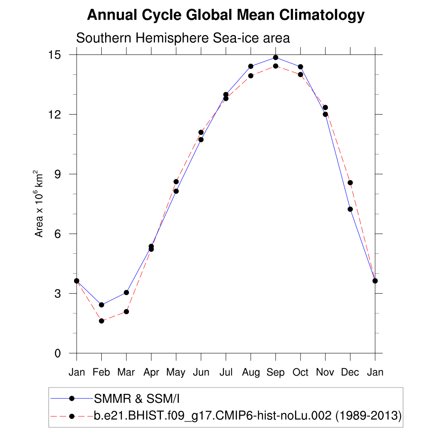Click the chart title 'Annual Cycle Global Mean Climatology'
coord(226,15)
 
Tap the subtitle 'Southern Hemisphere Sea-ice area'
coord(183,38)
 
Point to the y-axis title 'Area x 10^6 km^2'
coord(39,204)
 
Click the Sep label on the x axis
coord(275,373)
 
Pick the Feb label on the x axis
coord(101,373)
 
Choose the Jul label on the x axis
coord(226,373)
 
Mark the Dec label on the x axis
coord(350,373)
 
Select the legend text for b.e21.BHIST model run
coord(247,416)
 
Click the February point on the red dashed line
coord(101,321)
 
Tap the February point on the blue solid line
coord(101,305)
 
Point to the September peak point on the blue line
coord(275,57)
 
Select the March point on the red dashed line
coord(126,312)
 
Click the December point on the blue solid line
coord(350,209)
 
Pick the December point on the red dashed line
coord(350,183)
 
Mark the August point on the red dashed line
coord(251,76)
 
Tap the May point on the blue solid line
coord(176,191)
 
